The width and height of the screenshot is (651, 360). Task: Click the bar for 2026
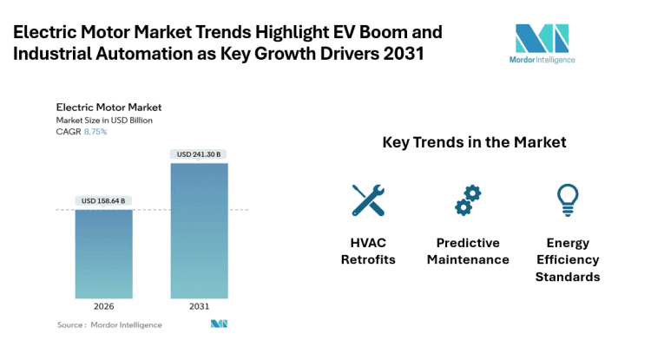pyautogui.click(x=103, y=254)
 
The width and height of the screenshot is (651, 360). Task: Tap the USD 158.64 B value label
pyautogui.click(x=103, y=200)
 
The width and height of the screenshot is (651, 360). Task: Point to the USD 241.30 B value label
pyautogui.click(x=199, y=154)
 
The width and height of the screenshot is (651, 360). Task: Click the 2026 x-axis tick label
pyautogui.click(x=103, y=306)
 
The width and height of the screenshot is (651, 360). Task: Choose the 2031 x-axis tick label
pyautogui.click(x=199, y=306)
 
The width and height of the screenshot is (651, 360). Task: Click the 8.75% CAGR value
pyautogui.click(x=95, y=131)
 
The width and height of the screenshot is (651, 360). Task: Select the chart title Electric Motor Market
pyautogui.click(x=108, y=108)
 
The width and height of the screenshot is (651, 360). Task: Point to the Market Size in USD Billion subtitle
pyautogui.click(x=104, y=120)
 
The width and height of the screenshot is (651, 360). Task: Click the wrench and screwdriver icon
pyautogui.click(x=368, y=200)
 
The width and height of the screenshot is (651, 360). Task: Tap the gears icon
pyautogui.click(x=468, y=200)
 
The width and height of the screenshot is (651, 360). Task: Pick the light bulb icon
pyautogui.click(x=567, y=200)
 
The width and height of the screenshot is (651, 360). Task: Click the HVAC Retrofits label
pyautogui.click(x=368, y=252)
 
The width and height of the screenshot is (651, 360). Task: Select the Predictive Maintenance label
pyautogui.click(x=468, y=252)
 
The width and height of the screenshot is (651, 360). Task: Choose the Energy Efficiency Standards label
pyautogui.click(x=567, y=260)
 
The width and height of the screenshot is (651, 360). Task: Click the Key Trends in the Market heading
pyautogui.click(x=474, y=141)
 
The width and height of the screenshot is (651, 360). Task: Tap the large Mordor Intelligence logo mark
pyautogui.click(x=542, y=39)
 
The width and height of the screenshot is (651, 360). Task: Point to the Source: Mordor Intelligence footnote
pyautogui.click(x=109, y=324)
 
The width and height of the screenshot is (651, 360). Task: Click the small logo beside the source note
pyautogui.click(x=219, y=324)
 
